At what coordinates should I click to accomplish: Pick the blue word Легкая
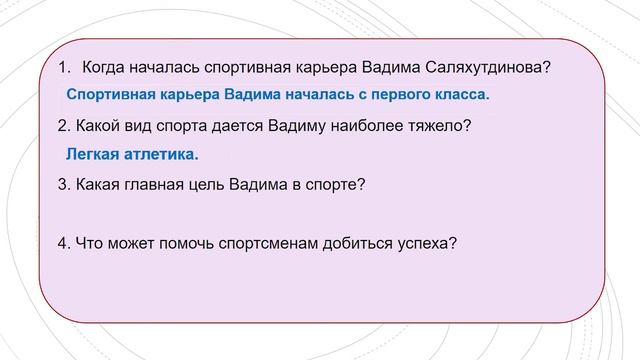93,155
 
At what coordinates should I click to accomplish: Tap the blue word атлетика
162,155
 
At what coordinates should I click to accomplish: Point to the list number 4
63,243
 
